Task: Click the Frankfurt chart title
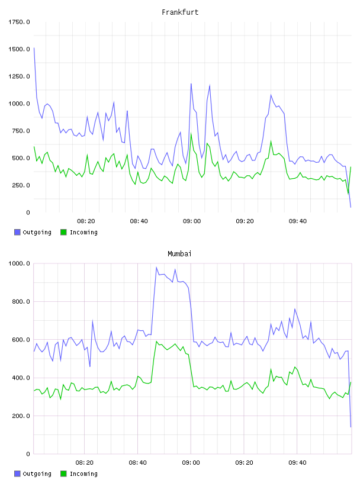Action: pyautogui.click(x=180, y=12)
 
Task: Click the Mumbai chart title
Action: pyautogui.click(x=179, y=254)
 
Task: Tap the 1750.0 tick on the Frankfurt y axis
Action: pyautogui.click(x=19, y=22)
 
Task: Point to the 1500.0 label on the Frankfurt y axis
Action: pyautogui.click(x=19, y=49)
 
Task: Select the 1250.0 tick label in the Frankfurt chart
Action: pyautogui.click(x=19, y=76)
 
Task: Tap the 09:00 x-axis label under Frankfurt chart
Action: pyautogui.click(x=192, y=221)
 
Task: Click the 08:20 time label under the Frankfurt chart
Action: pyautogui.click(x=86, y=221)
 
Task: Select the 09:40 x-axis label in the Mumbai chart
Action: pyautogui.click(x=297, y=463)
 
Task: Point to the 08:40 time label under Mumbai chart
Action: pyautogui.click(x=138, y=463)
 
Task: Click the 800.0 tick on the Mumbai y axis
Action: pyautogui.click(x=21, y=301)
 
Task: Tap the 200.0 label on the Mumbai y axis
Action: pyautogui.click(x=21, y=416)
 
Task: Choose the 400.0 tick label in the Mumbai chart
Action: pyautogui.click(x=21, y=378)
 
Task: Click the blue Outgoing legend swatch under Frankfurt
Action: pyautogui.click(x=17, y=232)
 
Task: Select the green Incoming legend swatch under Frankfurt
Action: pyautogui.click(x=63, y=232)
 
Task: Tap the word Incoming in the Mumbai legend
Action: pyautogui.click(x=83, y=474)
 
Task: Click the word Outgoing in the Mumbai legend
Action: pyautogui.click(x=37, y=474)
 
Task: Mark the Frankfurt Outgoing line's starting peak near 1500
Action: pyautogui.click(x=34, y=48)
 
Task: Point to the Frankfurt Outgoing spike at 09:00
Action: pyautogui.click(x=191, y=84)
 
